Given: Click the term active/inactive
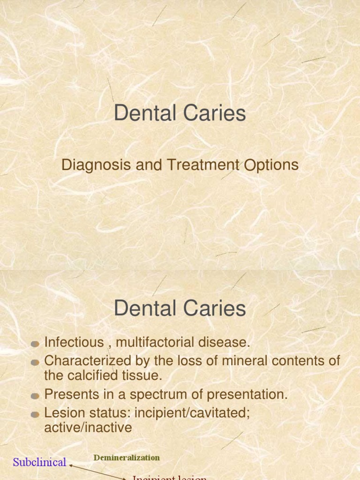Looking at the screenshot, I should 88,427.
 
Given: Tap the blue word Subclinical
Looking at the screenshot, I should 39,462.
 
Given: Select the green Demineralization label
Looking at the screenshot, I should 127,457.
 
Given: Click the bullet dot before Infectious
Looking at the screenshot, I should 35,344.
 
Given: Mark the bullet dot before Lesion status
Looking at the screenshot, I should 35,414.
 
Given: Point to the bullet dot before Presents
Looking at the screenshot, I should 35,396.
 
